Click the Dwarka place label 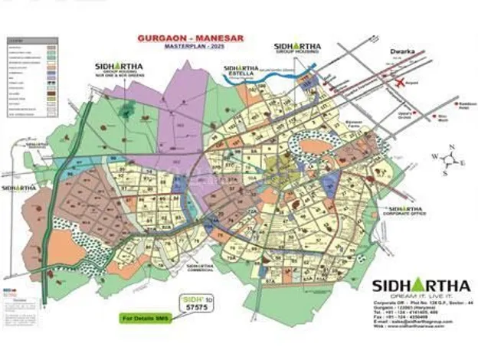click(401, 53)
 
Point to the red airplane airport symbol click(400, 81)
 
